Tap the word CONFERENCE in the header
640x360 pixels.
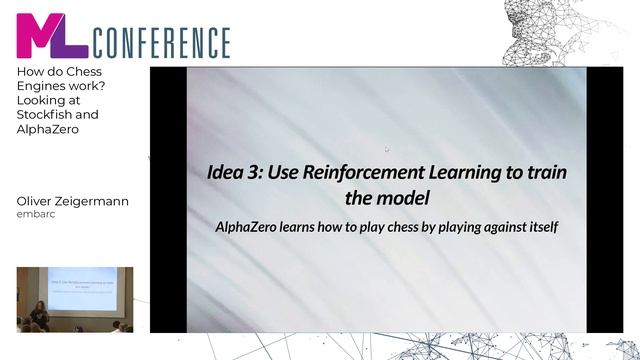tap(162, 43)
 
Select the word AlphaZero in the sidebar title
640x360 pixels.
tap(47, 129)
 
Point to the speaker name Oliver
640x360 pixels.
tap(36, 201)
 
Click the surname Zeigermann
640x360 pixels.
tap(94, 201)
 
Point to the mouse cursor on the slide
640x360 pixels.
tap(387, 149)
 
